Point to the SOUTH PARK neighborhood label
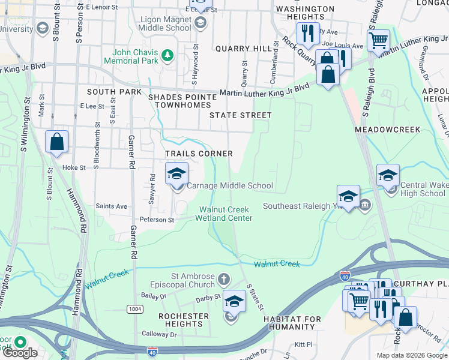pos(114,92)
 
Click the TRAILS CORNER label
pos(199,154)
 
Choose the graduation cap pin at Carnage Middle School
pos(176,174)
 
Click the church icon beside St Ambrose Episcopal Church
pos(224,279)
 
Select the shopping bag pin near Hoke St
pos(56,143)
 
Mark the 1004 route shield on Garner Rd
pos(134,308)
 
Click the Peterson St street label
pos(157,220)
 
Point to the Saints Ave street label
pos(112,206)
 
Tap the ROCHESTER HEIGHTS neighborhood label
pos(184,320)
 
